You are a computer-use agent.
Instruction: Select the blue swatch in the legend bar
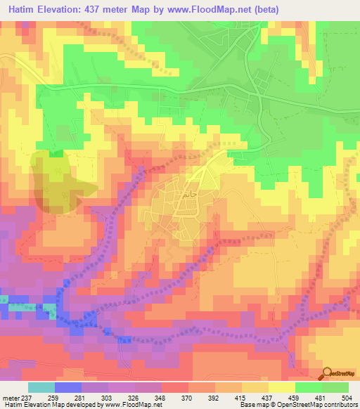(x=68, y=387)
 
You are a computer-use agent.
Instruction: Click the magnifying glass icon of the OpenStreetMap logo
(x=326, y=372)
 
